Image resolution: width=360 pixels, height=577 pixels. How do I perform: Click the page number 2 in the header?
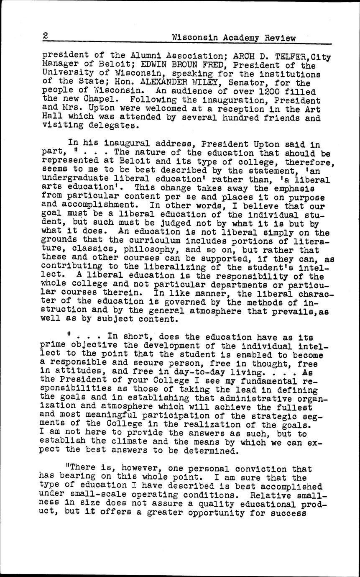45,36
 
